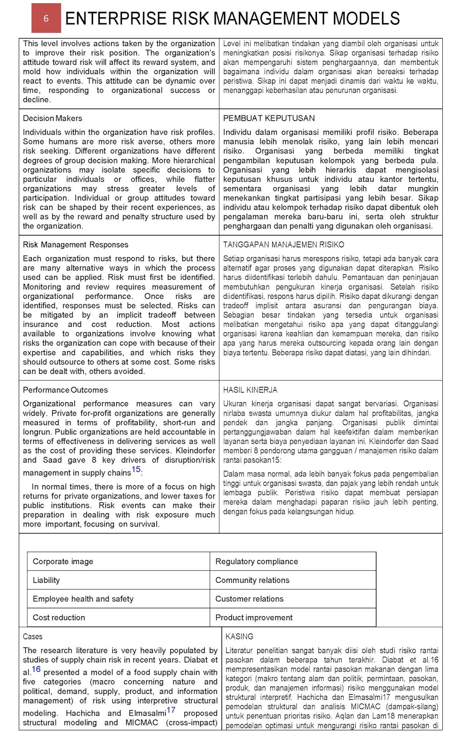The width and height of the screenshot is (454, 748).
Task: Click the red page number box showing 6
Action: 46,18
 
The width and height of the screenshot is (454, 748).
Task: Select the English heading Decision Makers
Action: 52,118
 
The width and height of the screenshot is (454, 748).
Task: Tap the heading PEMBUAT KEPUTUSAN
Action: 269,118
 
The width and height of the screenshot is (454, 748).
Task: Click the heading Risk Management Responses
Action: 75,245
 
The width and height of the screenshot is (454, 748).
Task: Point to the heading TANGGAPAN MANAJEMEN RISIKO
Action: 283,245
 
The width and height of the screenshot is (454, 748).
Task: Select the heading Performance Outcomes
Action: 65,390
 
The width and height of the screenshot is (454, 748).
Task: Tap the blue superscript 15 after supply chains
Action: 136,469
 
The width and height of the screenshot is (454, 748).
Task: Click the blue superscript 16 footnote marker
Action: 36,669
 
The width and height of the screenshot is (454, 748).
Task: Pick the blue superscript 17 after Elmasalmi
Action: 171,710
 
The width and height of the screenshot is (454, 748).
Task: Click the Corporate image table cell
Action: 63,561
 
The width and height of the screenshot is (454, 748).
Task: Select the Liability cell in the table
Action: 46,580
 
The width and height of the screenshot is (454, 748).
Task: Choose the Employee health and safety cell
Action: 83,599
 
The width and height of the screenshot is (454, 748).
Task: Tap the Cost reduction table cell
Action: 58,618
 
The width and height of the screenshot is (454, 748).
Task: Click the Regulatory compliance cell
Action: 256,561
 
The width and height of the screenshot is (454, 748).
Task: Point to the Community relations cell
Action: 252,580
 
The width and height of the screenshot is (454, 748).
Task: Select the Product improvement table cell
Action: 253,618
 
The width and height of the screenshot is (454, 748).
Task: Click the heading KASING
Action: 239,636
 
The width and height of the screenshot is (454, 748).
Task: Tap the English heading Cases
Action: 32,636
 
